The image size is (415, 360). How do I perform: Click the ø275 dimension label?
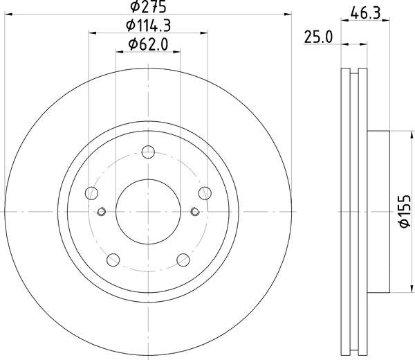coord(148,7)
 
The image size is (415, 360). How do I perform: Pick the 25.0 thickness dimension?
coord(320,37)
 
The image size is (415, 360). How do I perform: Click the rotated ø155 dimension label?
coord(405,210)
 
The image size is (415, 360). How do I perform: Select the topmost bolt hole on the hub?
coord(148,153)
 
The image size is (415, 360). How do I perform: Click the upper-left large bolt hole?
coord(93,194)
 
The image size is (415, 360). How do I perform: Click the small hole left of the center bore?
coord(102,212)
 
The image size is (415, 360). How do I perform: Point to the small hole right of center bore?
coord(194,212)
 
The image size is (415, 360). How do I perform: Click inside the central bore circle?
coord(148,210)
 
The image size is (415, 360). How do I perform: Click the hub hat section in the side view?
coord(379,210)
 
